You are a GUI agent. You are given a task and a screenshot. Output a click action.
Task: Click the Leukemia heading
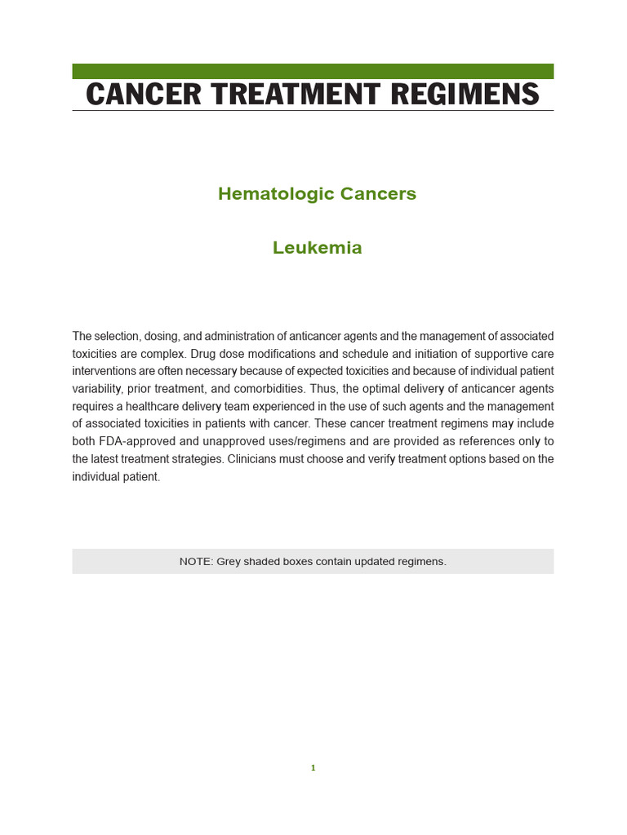tap(317, 248)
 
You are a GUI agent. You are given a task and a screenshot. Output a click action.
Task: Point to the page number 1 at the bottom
tap(313, 767)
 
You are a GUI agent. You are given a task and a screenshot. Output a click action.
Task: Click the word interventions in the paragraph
tap(104, 371)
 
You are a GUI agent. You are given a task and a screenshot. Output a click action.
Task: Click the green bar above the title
tap(313, 72)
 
